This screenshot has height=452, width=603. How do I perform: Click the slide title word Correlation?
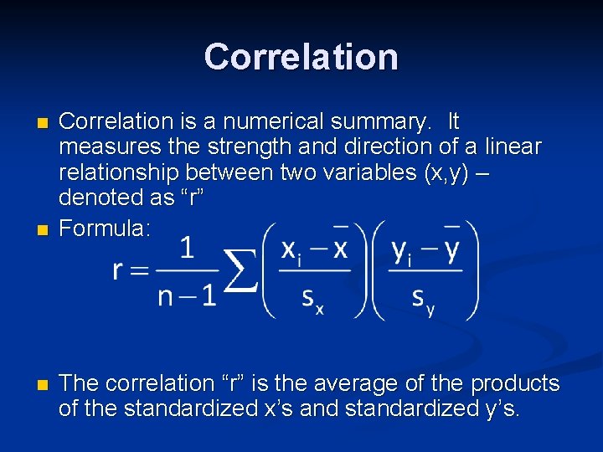301,57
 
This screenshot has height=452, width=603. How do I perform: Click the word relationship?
118,173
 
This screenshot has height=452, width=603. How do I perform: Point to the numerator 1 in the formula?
188,248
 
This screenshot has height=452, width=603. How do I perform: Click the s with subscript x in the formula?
312,300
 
